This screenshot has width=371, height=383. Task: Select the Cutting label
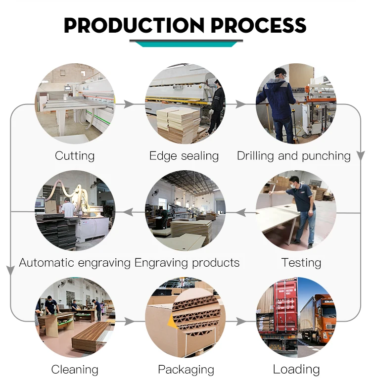point(75,156)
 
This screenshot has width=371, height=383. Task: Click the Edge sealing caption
point(184,156)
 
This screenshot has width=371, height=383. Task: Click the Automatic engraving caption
point(75,262)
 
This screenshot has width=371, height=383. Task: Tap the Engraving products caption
point(187,262)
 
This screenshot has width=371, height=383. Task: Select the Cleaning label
point(75,369)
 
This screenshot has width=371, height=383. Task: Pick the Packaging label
point(186,369)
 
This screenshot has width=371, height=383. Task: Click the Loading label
point(296,369)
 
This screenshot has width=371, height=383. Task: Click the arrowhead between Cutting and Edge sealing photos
point(129,104)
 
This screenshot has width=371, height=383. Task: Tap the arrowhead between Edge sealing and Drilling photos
point(241,104)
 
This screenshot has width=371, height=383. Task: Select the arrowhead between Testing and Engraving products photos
point(240,212)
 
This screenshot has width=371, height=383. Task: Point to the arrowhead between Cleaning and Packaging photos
point(129,322)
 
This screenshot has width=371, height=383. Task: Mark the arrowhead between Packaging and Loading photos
point(241,322)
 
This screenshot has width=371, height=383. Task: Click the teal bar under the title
point(186,44)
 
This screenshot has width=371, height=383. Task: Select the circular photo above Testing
point(296,210)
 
